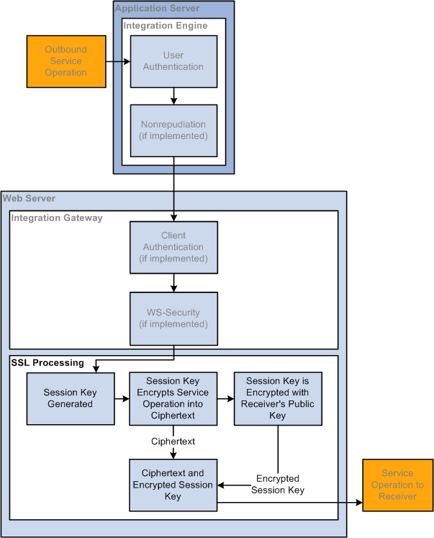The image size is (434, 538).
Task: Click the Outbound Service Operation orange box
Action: click(x=66, y=61)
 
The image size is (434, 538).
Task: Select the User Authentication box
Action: click(x=173, y=61)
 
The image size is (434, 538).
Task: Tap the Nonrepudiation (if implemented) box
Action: click(x=173, y=131)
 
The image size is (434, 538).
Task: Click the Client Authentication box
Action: click(x=173, y=247)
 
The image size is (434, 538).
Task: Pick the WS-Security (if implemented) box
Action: click(x=173, y=319)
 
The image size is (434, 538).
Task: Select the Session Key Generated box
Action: click(x=71, y=399)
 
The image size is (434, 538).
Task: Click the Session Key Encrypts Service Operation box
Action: click(x=173, y=399)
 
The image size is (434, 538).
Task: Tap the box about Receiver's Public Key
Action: click(x=278, y=399)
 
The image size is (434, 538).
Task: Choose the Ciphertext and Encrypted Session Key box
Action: click(x=173, y=485)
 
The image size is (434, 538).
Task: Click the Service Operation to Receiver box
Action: click(x=398, y=485)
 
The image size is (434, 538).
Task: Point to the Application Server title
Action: click(x=157, y=8)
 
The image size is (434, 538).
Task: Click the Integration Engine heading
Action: click(x=166, y=25)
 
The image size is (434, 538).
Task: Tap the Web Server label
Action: click(x=29, y=198)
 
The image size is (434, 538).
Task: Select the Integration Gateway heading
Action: click(x=57, y=218)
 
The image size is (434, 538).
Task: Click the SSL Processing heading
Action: click(x=48, y=363)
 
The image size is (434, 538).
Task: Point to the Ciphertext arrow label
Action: click(x=173, y=441)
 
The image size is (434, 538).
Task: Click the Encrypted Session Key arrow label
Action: click(x=278, y=484)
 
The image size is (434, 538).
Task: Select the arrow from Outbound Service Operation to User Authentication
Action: click(x=118, y=62)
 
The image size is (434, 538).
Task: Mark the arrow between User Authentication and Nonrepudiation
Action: click(x=173, y=96)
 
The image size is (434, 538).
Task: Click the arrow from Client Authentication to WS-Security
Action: click(x=173, y=283)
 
